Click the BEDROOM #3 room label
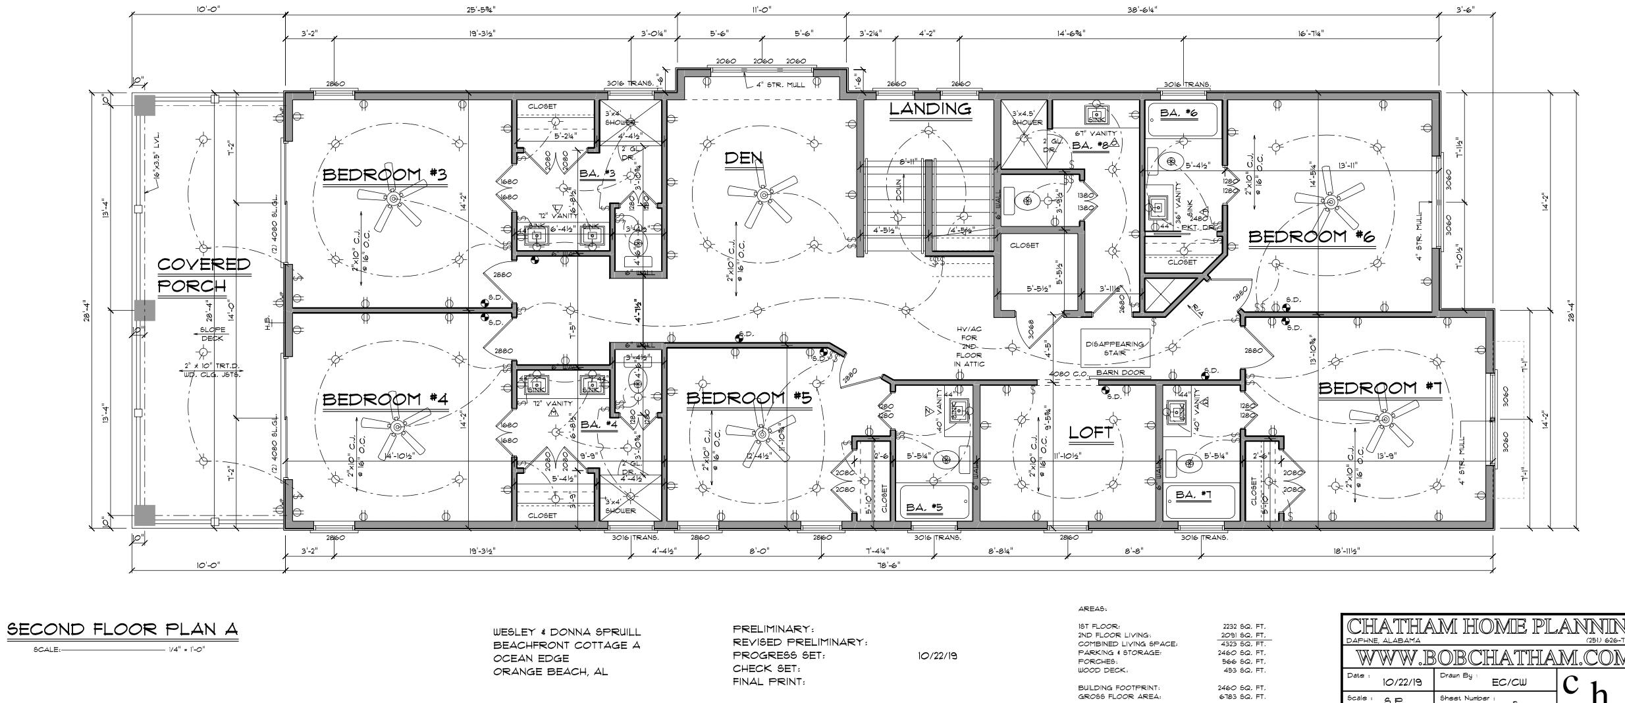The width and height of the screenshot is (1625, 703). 385,175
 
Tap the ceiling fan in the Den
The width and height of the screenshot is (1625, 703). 763,195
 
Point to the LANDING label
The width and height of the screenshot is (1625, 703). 930,109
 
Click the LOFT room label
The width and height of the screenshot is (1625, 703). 1090,432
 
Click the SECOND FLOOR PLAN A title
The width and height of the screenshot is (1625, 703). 122,630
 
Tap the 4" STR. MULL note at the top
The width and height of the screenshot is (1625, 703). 780,84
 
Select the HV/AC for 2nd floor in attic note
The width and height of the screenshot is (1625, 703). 970,346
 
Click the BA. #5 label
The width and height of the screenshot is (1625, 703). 924,508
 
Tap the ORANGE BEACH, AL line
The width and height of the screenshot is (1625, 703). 550,672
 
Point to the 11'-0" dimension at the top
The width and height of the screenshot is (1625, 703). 761,9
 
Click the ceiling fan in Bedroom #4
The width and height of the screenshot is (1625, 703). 397,427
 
